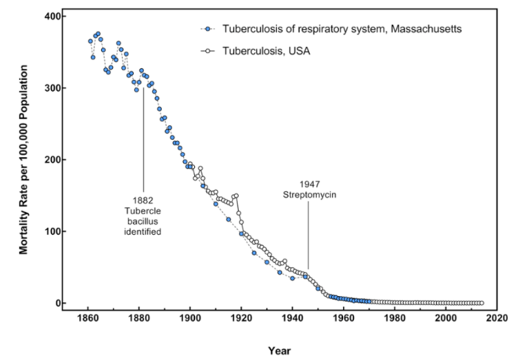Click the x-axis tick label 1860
point(88,319)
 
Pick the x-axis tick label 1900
point(190,319)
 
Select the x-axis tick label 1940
point(292,319)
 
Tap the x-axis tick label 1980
point(395,319)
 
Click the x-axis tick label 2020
point(496,319)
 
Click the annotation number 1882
point(143,200)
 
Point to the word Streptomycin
point(309,195)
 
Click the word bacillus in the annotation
point(143,221)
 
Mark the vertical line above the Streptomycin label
point(308,235)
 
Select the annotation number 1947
point(309,184)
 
